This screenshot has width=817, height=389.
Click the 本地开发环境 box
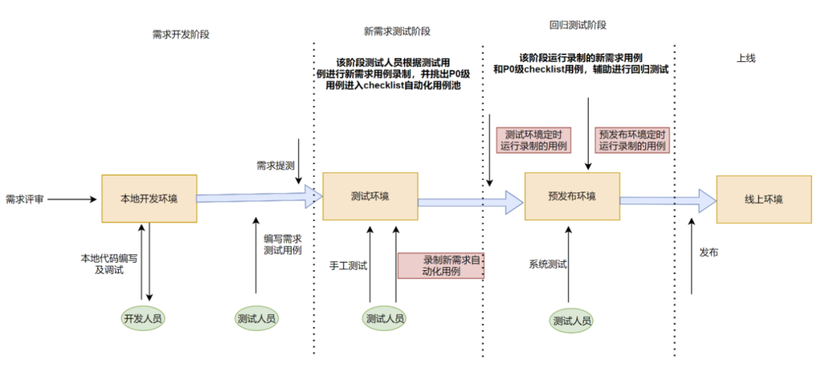[149, 198]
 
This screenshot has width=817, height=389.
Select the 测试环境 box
[370, 196]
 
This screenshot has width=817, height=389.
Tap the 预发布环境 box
[572, 196]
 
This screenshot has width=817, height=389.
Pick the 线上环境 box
[764, 199]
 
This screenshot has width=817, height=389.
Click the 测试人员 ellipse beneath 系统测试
[572, 320]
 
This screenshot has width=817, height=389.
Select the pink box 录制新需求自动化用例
[441, 266]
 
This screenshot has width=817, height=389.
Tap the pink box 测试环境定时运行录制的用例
[534, 140]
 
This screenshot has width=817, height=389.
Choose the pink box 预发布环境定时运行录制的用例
[632, 140]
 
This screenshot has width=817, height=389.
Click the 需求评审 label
[24, 199]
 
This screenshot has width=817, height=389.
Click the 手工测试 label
[349, 266]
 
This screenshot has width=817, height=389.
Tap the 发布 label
[709, 252]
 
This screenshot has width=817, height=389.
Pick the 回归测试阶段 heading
[578, 25]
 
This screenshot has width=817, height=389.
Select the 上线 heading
[746, 58]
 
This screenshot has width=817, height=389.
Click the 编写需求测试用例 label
[282, 244]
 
